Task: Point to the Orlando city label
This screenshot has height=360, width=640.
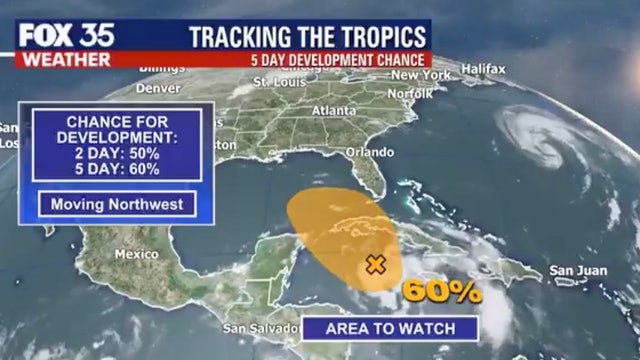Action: pos(369,152)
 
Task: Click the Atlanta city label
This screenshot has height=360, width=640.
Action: pos(334,110)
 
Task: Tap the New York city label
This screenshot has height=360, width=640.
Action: pos(419,75)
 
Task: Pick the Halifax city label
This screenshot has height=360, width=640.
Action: pos(484,68)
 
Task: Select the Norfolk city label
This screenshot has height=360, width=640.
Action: pos(409,93)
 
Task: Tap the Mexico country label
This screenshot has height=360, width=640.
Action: pos(137,254)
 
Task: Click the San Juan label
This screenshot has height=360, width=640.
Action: pos(573,271)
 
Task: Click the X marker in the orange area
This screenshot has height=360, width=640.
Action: pos(375,265)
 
